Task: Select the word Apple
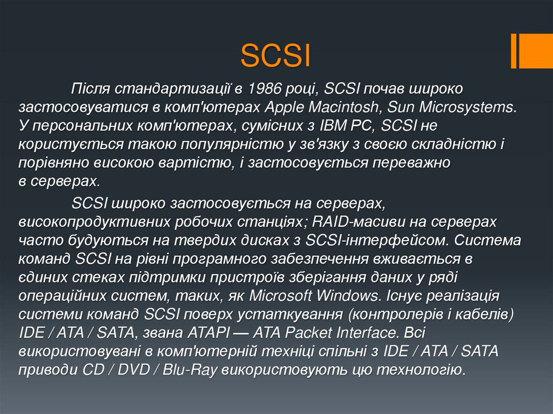(x=285, y=106)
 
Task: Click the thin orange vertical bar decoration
(x=515, y=51)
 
